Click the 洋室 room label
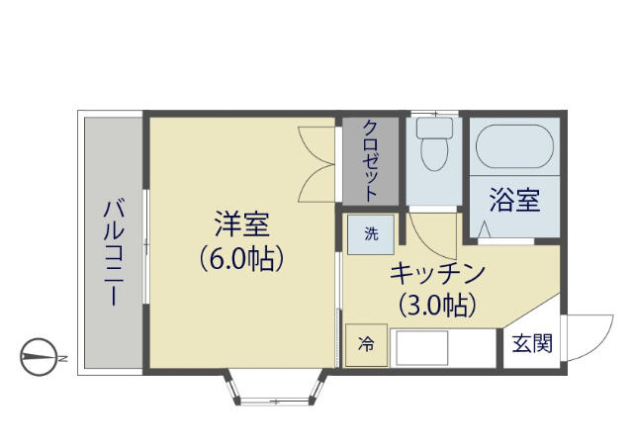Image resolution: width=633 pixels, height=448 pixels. coord(241,224)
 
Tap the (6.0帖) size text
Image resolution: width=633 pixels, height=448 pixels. coord(241,258)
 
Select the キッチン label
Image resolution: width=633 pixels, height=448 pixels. coord(437,273)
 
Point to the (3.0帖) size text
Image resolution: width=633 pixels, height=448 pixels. coord(437,306)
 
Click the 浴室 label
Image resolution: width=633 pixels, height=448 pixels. coord(514,200)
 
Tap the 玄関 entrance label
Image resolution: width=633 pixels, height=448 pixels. coord(532,344)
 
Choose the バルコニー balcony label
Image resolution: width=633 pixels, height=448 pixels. coord(114,252)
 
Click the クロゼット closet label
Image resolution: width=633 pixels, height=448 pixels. coord(371,160)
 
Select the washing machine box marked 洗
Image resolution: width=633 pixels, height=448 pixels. coord(371,234)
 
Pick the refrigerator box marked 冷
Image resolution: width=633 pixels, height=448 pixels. coord(367,345)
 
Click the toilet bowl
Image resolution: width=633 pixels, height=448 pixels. coord(434,154)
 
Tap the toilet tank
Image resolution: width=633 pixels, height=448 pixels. coord(434,128)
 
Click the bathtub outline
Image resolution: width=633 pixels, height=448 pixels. coord(514,146)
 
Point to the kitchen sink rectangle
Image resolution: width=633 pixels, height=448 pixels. coord(422,348)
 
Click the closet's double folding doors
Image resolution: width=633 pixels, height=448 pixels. coord(316,164)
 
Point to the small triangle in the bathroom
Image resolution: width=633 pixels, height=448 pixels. coord(484,230)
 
